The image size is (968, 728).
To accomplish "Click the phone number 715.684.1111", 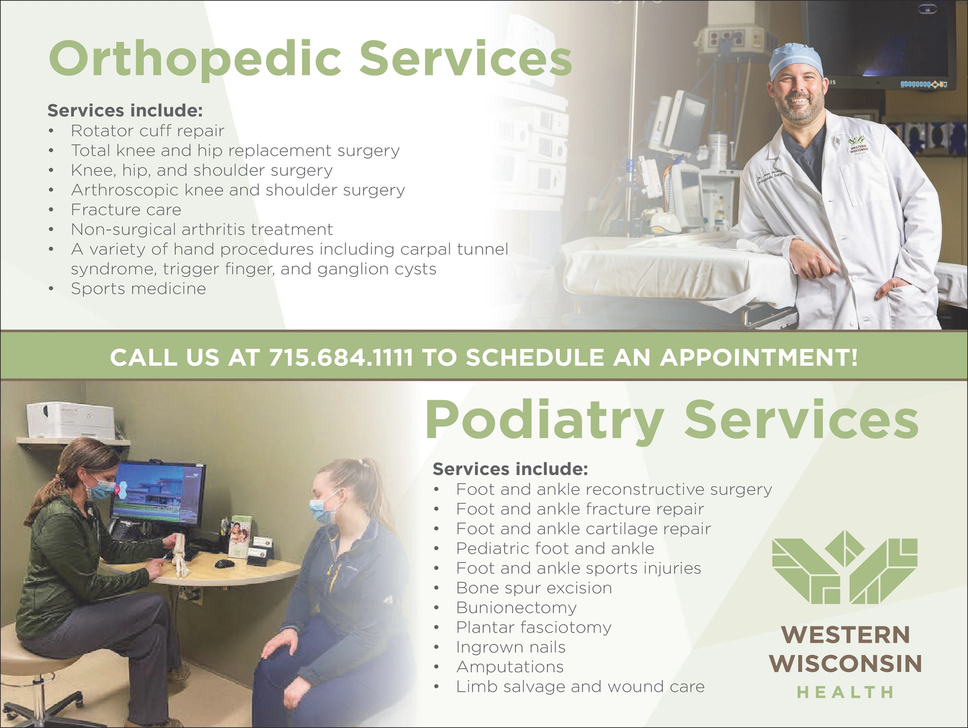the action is click(x=341, y=357).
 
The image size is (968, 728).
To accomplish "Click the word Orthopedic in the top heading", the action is click(x=195, y=59).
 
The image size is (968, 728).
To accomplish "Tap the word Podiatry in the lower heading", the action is click(x=544, y=420).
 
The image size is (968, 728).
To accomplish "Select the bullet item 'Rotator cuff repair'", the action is click(x=148, y=131).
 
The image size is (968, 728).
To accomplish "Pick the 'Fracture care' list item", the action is click(x=126, y=210).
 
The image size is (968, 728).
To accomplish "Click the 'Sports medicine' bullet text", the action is click(x=139, y=288).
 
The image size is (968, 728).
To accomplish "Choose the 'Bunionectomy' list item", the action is click(x=517, y=608).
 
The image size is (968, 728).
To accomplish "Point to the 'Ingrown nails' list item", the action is click(x=511, y=647).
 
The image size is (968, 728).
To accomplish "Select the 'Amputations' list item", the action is click(x=510, y=667).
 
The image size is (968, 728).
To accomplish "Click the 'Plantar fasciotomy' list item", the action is click(x=534, y=628).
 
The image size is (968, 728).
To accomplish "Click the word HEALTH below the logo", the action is click(x=845, y=692).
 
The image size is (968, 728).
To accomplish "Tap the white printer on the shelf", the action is click(x=71, y=420).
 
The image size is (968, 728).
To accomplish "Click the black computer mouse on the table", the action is click(x=224, y=563).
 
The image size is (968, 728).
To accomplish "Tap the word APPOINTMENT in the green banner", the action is click(x=759, y=357).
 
